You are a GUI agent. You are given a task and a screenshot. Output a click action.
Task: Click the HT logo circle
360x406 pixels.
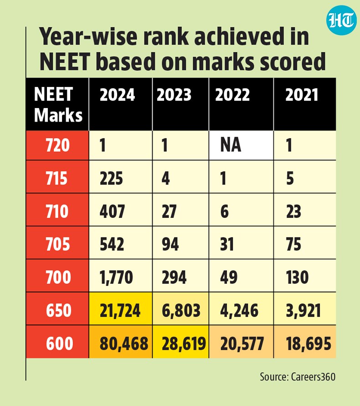click(x=340, y=20)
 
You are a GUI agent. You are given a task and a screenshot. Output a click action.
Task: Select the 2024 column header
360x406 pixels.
click(x=117, y=95)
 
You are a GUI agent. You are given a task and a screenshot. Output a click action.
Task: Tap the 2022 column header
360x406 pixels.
click(x=232, y=95)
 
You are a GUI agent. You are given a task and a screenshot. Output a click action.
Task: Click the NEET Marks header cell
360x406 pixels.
click(x=57, y=104)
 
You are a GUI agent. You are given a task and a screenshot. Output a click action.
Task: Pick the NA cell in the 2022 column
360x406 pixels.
click(x=241, y=145)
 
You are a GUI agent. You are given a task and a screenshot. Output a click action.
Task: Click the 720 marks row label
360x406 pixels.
click(x=57, y=145)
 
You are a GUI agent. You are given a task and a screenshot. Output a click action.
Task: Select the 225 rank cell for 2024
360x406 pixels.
click(x=121, y=177)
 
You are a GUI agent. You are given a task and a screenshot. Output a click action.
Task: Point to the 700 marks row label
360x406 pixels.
click(x=57, y=276)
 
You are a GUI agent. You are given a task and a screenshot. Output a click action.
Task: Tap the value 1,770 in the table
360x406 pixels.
click(x=116, y=278)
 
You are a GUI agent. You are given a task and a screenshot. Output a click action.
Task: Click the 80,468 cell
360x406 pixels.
click(x=121, y=342)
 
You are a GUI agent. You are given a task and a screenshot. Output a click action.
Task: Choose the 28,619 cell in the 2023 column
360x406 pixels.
click(x=181, y=342)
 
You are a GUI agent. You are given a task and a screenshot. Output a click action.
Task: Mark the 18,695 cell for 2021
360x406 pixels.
click(x=305, y=342)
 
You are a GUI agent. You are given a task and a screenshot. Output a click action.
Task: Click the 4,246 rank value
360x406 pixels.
click(x=239, y=310)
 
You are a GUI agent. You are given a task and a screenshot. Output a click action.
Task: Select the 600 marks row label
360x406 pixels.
click(x=57, y=342)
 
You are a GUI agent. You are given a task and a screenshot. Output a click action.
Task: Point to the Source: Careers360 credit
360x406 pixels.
click(x=298, y=377)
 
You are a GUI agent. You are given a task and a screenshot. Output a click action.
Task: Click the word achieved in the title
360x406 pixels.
click(x=239, y=36)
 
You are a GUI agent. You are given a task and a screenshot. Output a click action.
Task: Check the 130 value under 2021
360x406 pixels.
click(x=297, y=278)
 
